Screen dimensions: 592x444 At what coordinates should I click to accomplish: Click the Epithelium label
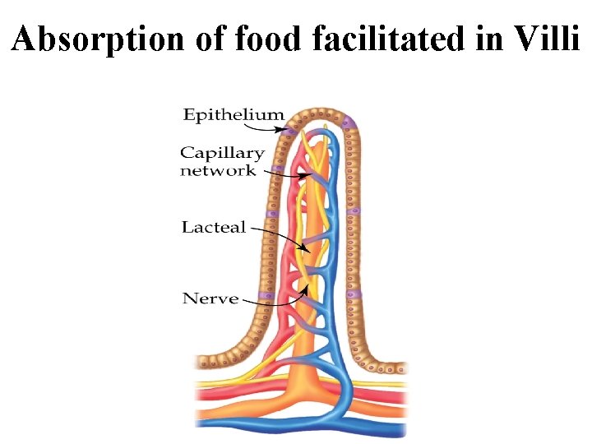(234, 114)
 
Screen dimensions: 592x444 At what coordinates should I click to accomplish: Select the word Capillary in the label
(222, 154)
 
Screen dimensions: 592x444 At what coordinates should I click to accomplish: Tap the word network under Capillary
(218, 170)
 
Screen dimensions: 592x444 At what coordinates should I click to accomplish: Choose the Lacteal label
(214, 227)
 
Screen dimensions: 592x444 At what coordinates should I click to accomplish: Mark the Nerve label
(210, 298)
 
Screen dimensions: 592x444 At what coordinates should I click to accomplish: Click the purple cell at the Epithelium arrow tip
(292, 131)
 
